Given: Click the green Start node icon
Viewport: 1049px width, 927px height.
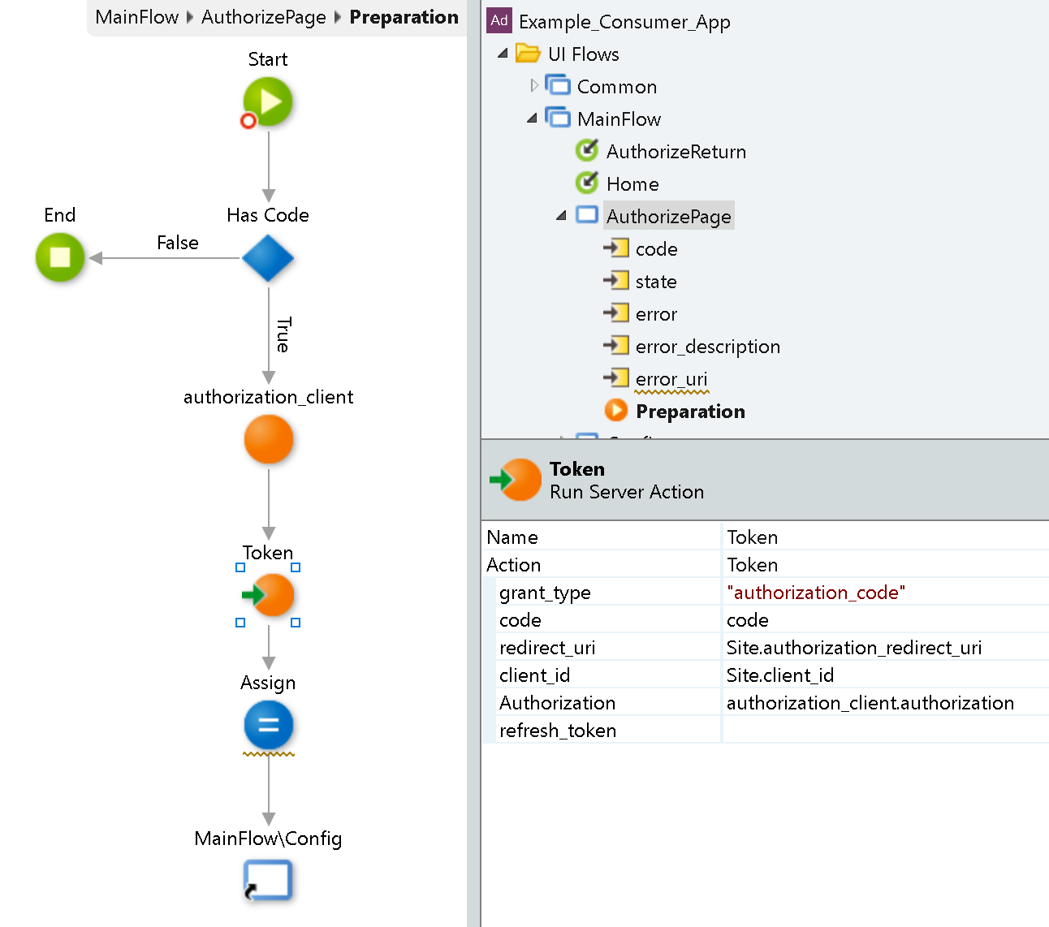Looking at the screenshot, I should [268, 102].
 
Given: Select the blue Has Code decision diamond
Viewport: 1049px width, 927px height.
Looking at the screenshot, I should [268, 259].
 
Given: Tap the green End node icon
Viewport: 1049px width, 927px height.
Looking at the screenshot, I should [60, 257].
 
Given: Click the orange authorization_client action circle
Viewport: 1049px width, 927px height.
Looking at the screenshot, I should [269, 439].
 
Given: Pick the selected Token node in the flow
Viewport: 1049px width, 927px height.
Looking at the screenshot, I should [269, 595].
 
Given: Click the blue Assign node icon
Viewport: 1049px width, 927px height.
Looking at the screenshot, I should [269, 725].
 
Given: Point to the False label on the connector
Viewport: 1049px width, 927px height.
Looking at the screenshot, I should [178, 243].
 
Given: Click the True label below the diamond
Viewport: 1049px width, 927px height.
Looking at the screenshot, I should [283, 334].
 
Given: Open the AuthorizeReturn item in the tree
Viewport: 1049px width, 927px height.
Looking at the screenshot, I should [676, 152].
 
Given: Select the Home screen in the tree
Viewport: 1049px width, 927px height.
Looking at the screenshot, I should [632, 184].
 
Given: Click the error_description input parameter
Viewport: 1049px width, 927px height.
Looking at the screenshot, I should [707, 347].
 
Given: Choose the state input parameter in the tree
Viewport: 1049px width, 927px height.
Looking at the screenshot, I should [656, 282].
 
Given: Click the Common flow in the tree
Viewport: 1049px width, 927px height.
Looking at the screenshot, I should [616, 87].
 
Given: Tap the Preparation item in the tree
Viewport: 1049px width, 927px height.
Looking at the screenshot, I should [690, 412].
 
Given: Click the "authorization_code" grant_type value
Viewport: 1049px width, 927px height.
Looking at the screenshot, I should [816, 593].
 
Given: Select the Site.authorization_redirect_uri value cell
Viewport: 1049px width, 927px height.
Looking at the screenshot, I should [854, 648].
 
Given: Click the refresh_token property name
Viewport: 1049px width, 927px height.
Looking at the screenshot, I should [558, 731].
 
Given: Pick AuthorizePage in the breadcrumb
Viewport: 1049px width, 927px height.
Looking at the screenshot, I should [264, 17].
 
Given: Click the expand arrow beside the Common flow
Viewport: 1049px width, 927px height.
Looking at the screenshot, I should [533, 85].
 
